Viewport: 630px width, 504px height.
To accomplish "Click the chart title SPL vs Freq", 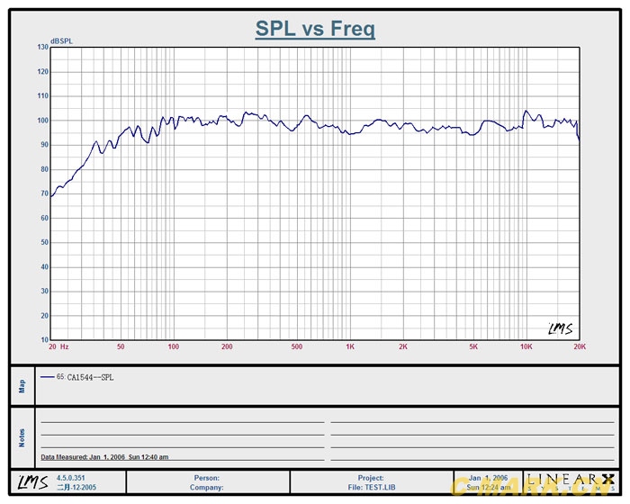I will pos(315,29).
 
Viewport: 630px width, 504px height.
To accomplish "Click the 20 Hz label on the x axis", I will pos(58,346).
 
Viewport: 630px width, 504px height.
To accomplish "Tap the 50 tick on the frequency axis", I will pos(121,346).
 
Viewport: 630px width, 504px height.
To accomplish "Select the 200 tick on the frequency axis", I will pos(227,346).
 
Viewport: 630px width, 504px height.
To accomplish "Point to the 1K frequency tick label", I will pos(350,346).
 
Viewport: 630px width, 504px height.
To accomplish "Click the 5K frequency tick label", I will pos(473,346).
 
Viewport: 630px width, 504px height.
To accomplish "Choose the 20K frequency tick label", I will pos(580,346).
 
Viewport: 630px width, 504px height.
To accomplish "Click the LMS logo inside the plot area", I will pos(560,328).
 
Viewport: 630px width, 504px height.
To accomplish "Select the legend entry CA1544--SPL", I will pos(90,377).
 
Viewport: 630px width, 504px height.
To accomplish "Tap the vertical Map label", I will pos(22,385).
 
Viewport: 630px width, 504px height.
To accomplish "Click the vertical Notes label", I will pos(22,437).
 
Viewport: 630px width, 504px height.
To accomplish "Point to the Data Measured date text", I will pos(104,457).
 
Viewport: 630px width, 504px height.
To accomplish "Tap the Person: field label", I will pos(207,478).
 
